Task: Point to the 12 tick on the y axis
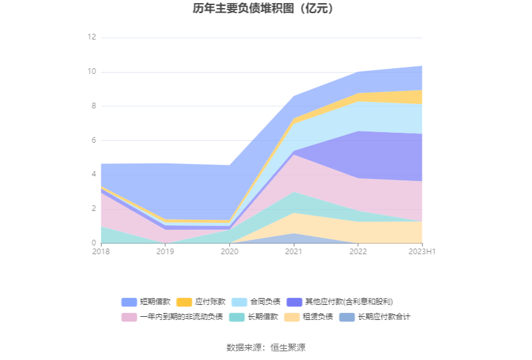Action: point(91,38)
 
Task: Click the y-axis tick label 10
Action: point(91,72)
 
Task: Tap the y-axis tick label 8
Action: point(93,106)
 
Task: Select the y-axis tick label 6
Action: point(93,140)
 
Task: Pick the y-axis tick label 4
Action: point(93,175)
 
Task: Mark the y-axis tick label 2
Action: point(93,209)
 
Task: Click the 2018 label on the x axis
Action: point(100,252)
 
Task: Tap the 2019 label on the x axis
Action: point(165,252)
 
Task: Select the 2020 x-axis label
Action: point(229,252)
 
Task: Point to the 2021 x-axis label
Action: point(294,252)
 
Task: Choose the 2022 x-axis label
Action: point(358,252)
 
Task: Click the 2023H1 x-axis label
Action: point(422,252)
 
